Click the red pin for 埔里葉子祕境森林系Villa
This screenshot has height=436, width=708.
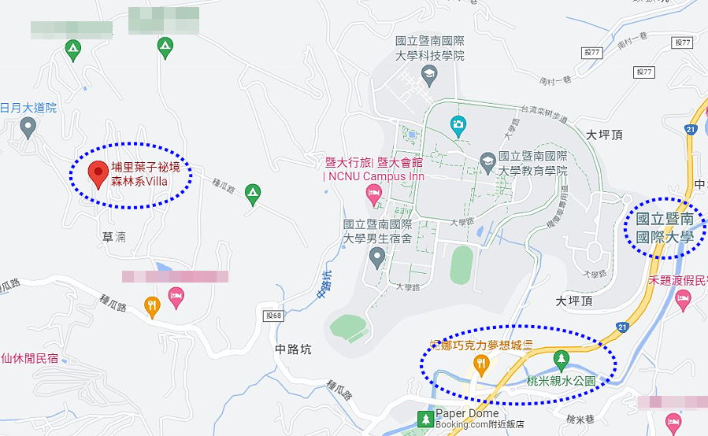click(98, 173)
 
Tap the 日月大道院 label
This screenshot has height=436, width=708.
click(28, 108)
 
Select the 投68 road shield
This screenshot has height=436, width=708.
click(272, 315)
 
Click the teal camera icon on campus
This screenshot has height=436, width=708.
click(458, 124)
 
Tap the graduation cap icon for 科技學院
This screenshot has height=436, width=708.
click(429, 76)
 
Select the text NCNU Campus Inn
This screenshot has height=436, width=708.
click(374, 176)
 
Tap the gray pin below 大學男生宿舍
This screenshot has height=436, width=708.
click(377, 256)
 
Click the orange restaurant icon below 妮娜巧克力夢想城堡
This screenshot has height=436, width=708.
click(480, 363)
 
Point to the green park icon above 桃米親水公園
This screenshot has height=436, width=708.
click(561, 359)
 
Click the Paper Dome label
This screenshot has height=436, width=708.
click(467, 413)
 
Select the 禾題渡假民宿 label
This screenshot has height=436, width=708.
click(678, 279)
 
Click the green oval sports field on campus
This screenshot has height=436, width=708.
click(461, 265)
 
